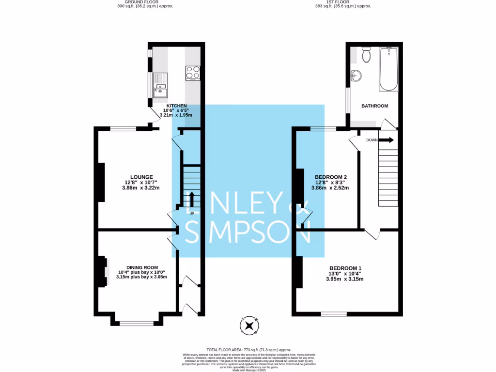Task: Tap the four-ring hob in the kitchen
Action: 192,73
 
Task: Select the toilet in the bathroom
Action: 366,55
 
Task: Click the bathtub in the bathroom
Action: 389,69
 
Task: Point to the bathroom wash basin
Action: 356,76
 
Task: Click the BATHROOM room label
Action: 375,106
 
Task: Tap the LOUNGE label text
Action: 141,177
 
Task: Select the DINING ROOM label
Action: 142,267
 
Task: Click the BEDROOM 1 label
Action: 345,268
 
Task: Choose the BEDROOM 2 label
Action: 331,177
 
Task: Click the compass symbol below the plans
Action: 249,325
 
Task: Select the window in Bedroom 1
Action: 334,314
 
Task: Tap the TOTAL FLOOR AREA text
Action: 248,349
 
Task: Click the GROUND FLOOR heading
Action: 145,2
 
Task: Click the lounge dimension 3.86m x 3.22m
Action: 141,188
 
